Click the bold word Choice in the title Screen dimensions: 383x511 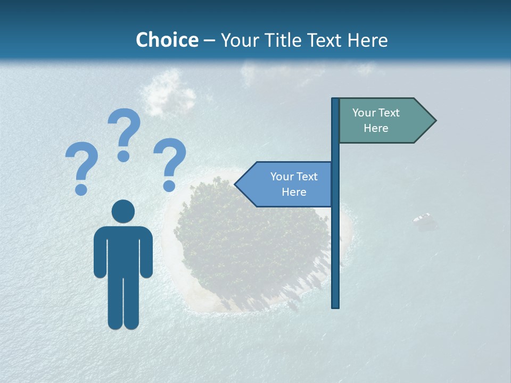pyautogui.click(x=167, y=40)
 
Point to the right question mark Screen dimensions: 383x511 pyautogui.click(x=170, y=163)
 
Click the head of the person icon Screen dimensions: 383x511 pyautogui.click(x=123, y=211)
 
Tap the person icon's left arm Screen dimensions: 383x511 pyautogui.click(x=100, y=253)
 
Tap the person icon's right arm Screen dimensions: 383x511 pyautogui.click(x=146, y=253)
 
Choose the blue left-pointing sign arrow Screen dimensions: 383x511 pyautogui.click(x=285, y=184)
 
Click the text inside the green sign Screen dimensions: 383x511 pyautogui.click(x=376, y=120)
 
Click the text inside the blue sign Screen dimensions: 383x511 pyautogui.click(x=294, y=184)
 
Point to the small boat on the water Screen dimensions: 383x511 pyautogui.click(x=423, y=218)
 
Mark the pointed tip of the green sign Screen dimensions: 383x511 pyautogui.click(x=435, y=121)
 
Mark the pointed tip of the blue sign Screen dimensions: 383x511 pyautogui.click(x=236, y=184)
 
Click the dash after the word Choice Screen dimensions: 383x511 pyautogui.click(x=209, y=40)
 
